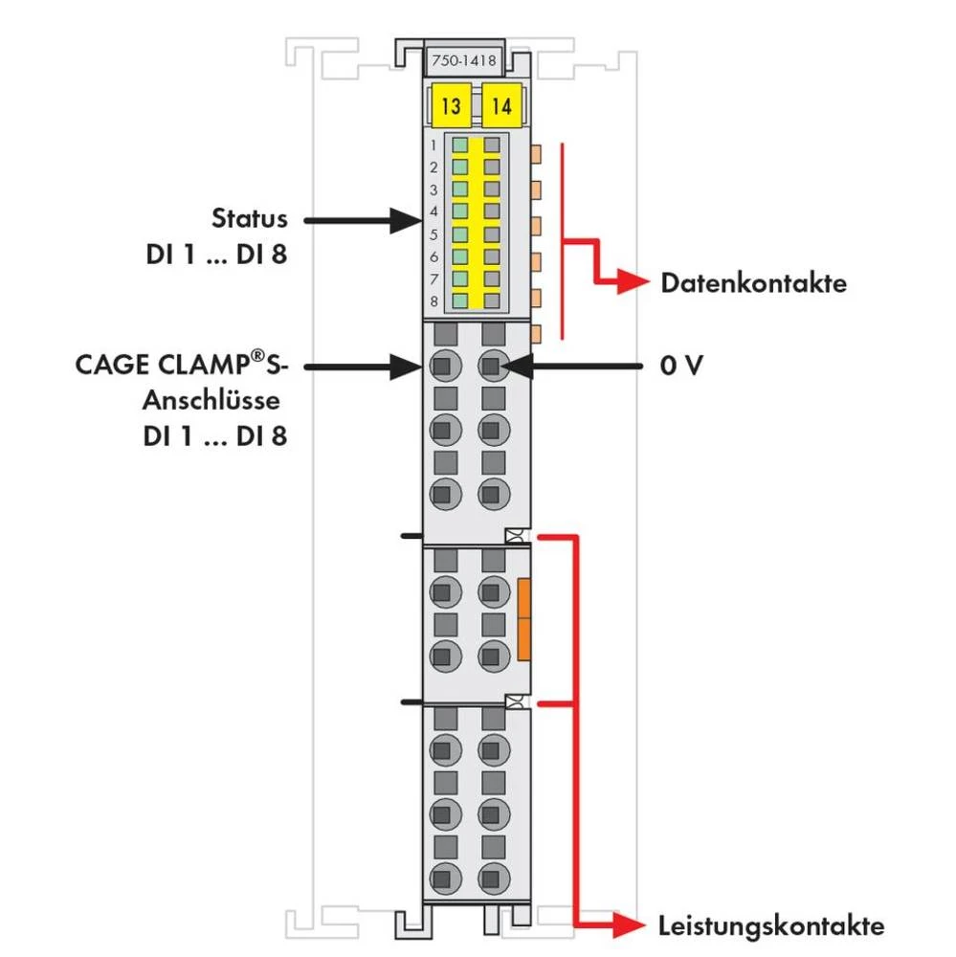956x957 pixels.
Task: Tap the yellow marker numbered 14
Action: pos(500,106)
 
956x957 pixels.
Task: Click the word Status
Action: pos(249,218)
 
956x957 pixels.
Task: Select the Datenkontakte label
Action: pos(753,283)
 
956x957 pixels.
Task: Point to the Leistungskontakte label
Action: pos(771,925)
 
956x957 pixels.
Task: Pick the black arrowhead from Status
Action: pos(408,221)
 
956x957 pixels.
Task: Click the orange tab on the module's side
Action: pos(522,618)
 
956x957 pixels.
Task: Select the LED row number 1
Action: pos(434,145)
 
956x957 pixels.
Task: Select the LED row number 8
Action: pos(434,300)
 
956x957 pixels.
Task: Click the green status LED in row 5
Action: pos(460,234)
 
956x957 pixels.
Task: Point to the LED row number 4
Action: pos(434,211)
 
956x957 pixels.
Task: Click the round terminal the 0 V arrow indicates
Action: pos(492,365)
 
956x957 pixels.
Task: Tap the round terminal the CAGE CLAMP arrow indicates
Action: pos(441,365)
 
